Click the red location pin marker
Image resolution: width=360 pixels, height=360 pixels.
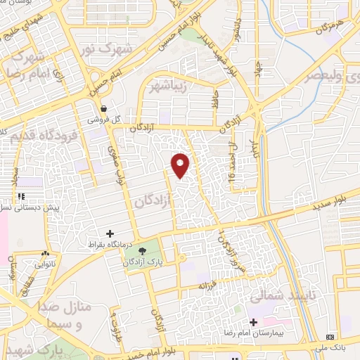click(181, 165)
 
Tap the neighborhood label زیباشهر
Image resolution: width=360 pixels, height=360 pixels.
click(168, 86)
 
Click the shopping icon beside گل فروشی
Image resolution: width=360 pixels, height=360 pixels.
click(104, 108)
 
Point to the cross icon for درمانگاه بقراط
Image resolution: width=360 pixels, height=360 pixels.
click(110, 233)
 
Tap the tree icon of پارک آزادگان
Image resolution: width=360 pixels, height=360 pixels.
click(143, 250)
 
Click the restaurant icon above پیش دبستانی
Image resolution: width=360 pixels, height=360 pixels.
click(22, 196)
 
